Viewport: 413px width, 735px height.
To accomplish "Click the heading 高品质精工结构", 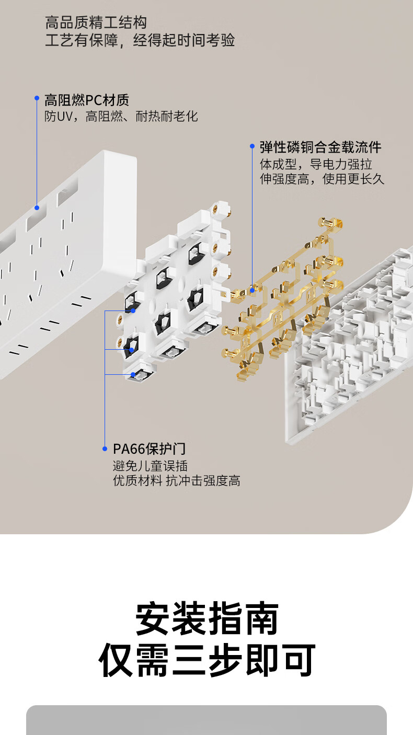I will click(x=96, y=22).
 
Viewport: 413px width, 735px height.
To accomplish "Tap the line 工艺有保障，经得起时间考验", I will click(x=140, y=40).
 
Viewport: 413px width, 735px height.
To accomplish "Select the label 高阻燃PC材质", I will click(x=87, y=100).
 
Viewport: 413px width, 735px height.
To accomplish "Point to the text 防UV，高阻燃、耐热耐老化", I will click(x=121, y=116).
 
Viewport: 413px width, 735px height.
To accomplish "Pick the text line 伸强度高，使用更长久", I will click(x=322, y=179).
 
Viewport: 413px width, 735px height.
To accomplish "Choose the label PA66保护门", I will click(x=149, y=449).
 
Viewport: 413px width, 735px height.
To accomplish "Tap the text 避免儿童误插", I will click(x=150, y=465).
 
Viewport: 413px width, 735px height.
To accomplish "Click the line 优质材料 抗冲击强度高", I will click(x=177, y=481).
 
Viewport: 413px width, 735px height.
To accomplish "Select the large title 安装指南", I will click(x=207, y=618).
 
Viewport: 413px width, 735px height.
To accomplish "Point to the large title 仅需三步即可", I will click(x=207, y=660).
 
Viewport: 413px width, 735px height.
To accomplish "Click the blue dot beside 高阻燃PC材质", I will click(x=37, y=98).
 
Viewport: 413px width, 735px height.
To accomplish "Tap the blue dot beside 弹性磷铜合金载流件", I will click(x=252, y=146).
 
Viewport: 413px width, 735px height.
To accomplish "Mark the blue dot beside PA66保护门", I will click(x=105, y=449).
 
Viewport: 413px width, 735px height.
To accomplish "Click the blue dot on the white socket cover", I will click(x=37, y=208).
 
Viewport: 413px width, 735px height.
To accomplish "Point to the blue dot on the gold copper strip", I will click(x=252, y=289).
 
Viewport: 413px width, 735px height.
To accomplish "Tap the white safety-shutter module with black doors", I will click(x=173, y=293).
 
